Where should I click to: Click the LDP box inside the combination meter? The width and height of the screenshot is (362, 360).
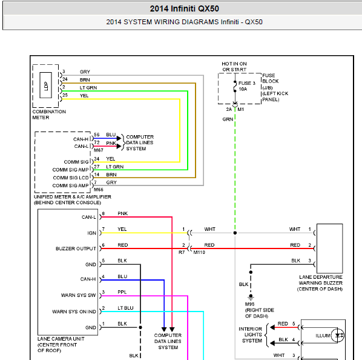46,85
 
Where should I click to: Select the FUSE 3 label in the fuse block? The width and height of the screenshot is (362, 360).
247,83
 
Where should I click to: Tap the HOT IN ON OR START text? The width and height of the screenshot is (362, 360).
234,67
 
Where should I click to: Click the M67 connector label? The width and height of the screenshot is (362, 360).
98,150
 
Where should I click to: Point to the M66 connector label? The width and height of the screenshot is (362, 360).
98,190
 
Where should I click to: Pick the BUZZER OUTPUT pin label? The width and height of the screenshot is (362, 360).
76,248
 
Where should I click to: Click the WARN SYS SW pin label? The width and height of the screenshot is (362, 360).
78,295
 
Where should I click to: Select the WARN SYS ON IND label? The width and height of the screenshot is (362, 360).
74,312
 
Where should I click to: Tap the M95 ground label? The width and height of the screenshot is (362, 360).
249,304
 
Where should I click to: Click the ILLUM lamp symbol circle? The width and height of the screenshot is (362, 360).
338,335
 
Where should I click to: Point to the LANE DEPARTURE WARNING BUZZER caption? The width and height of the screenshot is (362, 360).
320,283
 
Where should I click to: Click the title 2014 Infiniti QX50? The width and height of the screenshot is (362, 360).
184,8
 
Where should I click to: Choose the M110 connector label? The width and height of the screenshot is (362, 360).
199,252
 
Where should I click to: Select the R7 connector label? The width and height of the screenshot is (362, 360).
182,252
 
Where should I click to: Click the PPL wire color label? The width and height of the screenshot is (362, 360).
122,292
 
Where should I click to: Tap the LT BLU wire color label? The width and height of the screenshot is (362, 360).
125,308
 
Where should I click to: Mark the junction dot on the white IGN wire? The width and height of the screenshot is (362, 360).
235,233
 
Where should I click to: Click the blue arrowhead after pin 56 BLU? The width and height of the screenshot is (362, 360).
119,138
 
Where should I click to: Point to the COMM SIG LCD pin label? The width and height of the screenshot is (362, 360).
71,178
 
